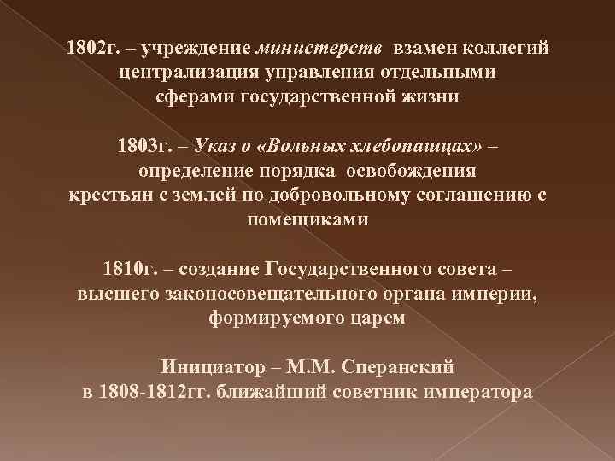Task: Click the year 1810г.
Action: click(130, 270)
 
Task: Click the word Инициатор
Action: click(209, 368)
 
